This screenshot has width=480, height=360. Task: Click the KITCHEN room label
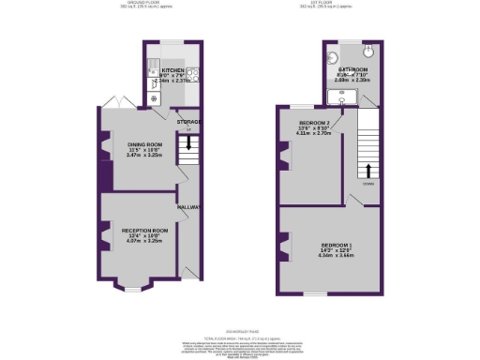tap(172, 69)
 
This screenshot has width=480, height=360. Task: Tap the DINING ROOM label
tap(146, 143)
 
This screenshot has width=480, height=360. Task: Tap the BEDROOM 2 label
tap(315, 123)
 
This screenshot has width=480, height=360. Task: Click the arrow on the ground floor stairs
tap(188, 143)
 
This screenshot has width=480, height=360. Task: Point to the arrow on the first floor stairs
tap(367, 171)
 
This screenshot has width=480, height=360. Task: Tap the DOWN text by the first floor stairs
tap(369, 184)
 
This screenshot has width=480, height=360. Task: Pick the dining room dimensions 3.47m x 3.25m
tap(146, 155)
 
